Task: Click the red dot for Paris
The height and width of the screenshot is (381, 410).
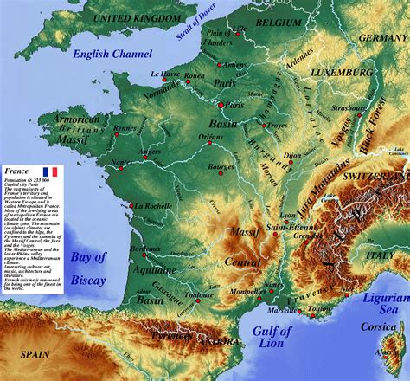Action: (221, 105)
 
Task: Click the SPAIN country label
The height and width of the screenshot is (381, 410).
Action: (35, 353)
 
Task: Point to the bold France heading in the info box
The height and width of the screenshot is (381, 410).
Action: (17, 172)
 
